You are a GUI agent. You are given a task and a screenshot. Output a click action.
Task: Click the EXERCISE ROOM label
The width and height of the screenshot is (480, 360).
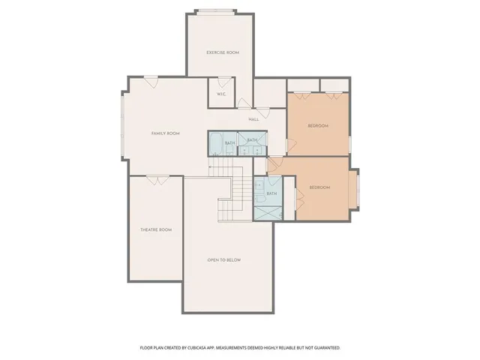coord(223,52)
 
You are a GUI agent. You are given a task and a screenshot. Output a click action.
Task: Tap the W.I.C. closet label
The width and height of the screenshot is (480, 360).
coord(222,94)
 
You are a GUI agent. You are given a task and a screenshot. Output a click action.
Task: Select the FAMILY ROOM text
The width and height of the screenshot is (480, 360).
coord(166,133)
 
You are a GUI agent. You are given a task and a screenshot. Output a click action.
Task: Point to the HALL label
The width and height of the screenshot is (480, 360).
coord(253,119)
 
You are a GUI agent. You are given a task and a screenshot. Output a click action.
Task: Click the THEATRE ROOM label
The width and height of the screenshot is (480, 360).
coord(156,229)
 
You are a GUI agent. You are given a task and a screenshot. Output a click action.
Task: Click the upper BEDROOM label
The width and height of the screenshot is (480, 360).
coord(318,126)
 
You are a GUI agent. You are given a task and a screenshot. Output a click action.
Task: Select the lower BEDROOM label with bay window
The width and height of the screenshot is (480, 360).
coord(320,187)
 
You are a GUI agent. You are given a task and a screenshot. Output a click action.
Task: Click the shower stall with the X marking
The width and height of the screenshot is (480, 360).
coord(265,211)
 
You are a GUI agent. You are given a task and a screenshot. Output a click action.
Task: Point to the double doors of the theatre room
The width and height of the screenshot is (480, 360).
coord(157,179)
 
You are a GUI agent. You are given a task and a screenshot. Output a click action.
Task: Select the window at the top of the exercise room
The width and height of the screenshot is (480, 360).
coord(223,11)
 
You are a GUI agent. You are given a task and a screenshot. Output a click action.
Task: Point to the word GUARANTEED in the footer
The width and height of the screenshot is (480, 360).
coord(325,348)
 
